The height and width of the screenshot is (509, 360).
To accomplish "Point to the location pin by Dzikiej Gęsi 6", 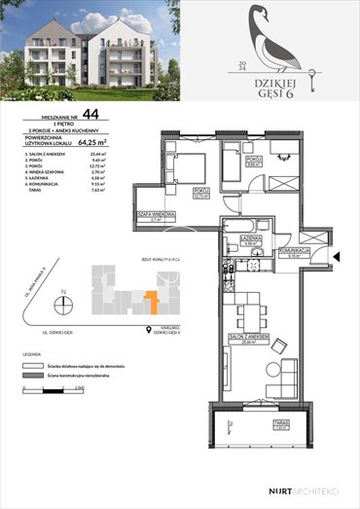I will pos(150,328).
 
